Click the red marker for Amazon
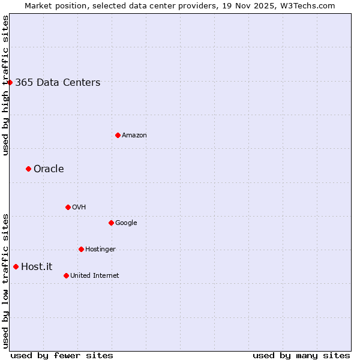click(x=118, y=135)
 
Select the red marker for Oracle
click(x=28, y=169)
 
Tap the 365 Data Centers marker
click(x=10, y=82)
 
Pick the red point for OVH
click(x=68, y=207)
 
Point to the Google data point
click(x=111, y=223)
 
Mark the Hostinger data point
click(x=81, y=249)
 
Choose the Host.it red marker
click(x=16, y=266)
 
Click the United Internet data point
click(x=66, y=275)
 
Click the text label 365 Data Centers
click(x=58, y=83)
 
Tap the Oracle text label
click(x=49, y=169)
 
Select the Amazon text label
click(x=134, y=136)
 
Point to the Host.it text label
click(x=37, y=267)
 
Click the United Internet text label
click(x=94, y=276)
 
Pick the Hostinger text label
click(x=100, y=250)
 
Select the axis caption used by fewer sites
click(x=62, y=355)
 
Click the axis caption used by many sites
click(x=301, y=355)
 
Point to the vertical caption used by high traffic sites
click(x=5, y=85)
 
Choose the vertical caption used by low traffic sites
click(x=5, y=281)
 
